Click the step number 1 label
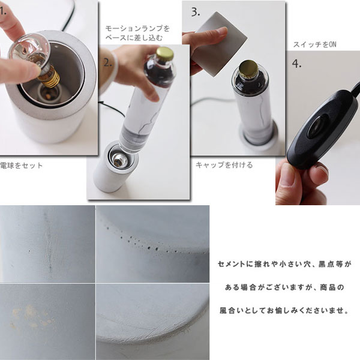tap(3, 11)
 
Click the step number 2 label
tap(107, 62)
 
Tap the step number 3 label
tap(196, 12)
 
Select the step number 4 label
tap(296, 64)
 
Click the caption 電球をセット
tap(22, 166)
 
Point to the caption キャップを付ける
tap(224, 165)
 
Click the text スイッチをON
tap(315, 44)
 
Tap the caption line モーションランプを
tap(137, 29)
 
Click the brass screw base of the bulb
tap(49, 77)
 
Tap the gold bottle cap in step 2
tap(165, 53)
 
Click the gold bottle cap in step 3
tap(249, 68)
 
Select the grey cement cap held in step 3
tap(218, 44)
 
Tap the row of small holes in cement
tap(152, 241)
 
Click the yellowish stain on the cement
tap(32, 316)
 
